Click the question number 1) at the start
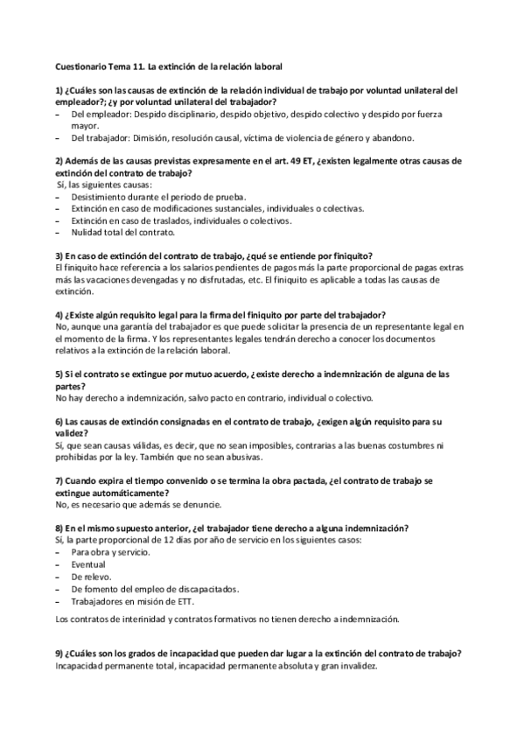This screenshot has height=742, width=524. point(59,90)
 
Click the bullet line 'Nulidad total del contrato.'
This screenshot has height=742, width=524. point(123,232)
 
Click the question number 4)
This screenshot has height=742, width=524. point(59,314)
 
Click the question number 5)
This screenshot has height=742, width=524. point(59,374)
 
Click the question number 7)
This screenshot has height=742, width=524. point(59,480)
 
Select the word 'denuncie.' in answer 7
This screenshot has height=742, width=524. point(203,505)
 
